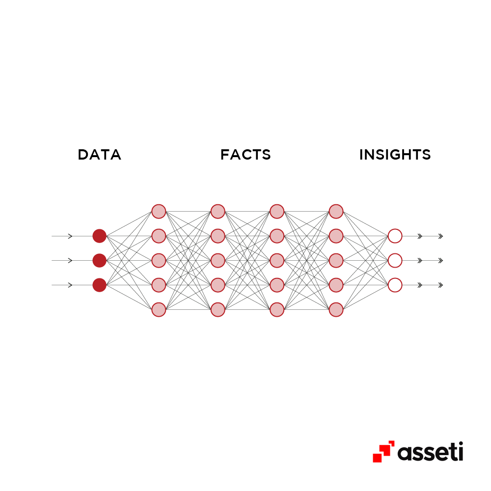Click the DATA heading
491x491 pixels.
(99, 155)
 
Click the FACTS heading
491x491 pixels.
(245, 155)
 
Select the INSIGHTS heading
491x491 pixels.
(395, 155)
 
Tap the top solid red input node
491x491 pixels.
(100, 236)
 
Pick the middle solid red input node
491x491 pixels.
(100, 261)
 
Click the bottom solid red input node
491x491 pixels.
(100, 285)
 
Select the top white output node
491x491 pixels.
(395, 236)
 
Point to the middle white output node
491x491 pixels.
(395, 261)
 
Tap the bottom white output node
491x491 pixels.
(395, 285)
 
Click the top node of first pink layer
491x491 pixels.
(159, 211)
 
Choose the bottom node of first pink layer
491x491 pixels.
(159, 310)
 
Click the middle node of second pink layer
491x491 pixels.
(218, 261)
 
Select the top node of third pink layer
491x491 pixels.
(277, 211)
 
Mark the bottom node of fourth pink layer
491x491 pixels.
(336, 310)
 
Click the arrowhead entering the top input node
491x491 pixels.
(70, 236)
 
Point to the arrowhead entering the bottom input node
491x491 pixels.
(70, 285)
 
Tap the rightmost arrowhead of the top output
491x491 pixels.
(440, 236)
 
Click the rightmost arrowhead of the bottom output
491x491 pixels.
(440, 285)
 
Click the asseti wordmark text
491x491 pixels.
(430, 452)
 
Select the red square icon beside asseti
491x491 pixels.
(383, 452)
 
